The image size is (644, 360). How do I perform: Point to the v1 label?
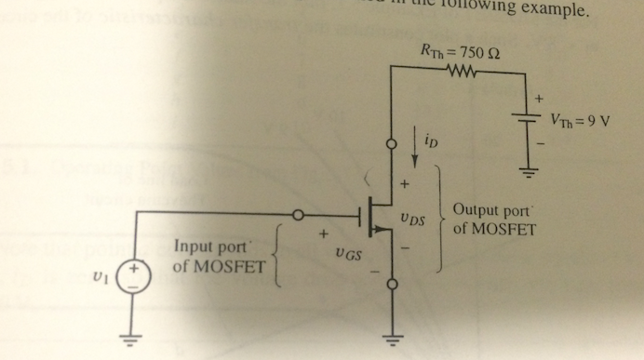[100, 275]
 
